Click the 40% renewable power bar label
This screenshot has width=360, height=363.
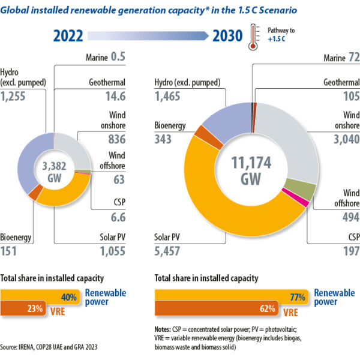coord(67,296)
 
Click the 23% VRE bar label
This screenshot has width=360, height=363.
coord(34,309)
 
